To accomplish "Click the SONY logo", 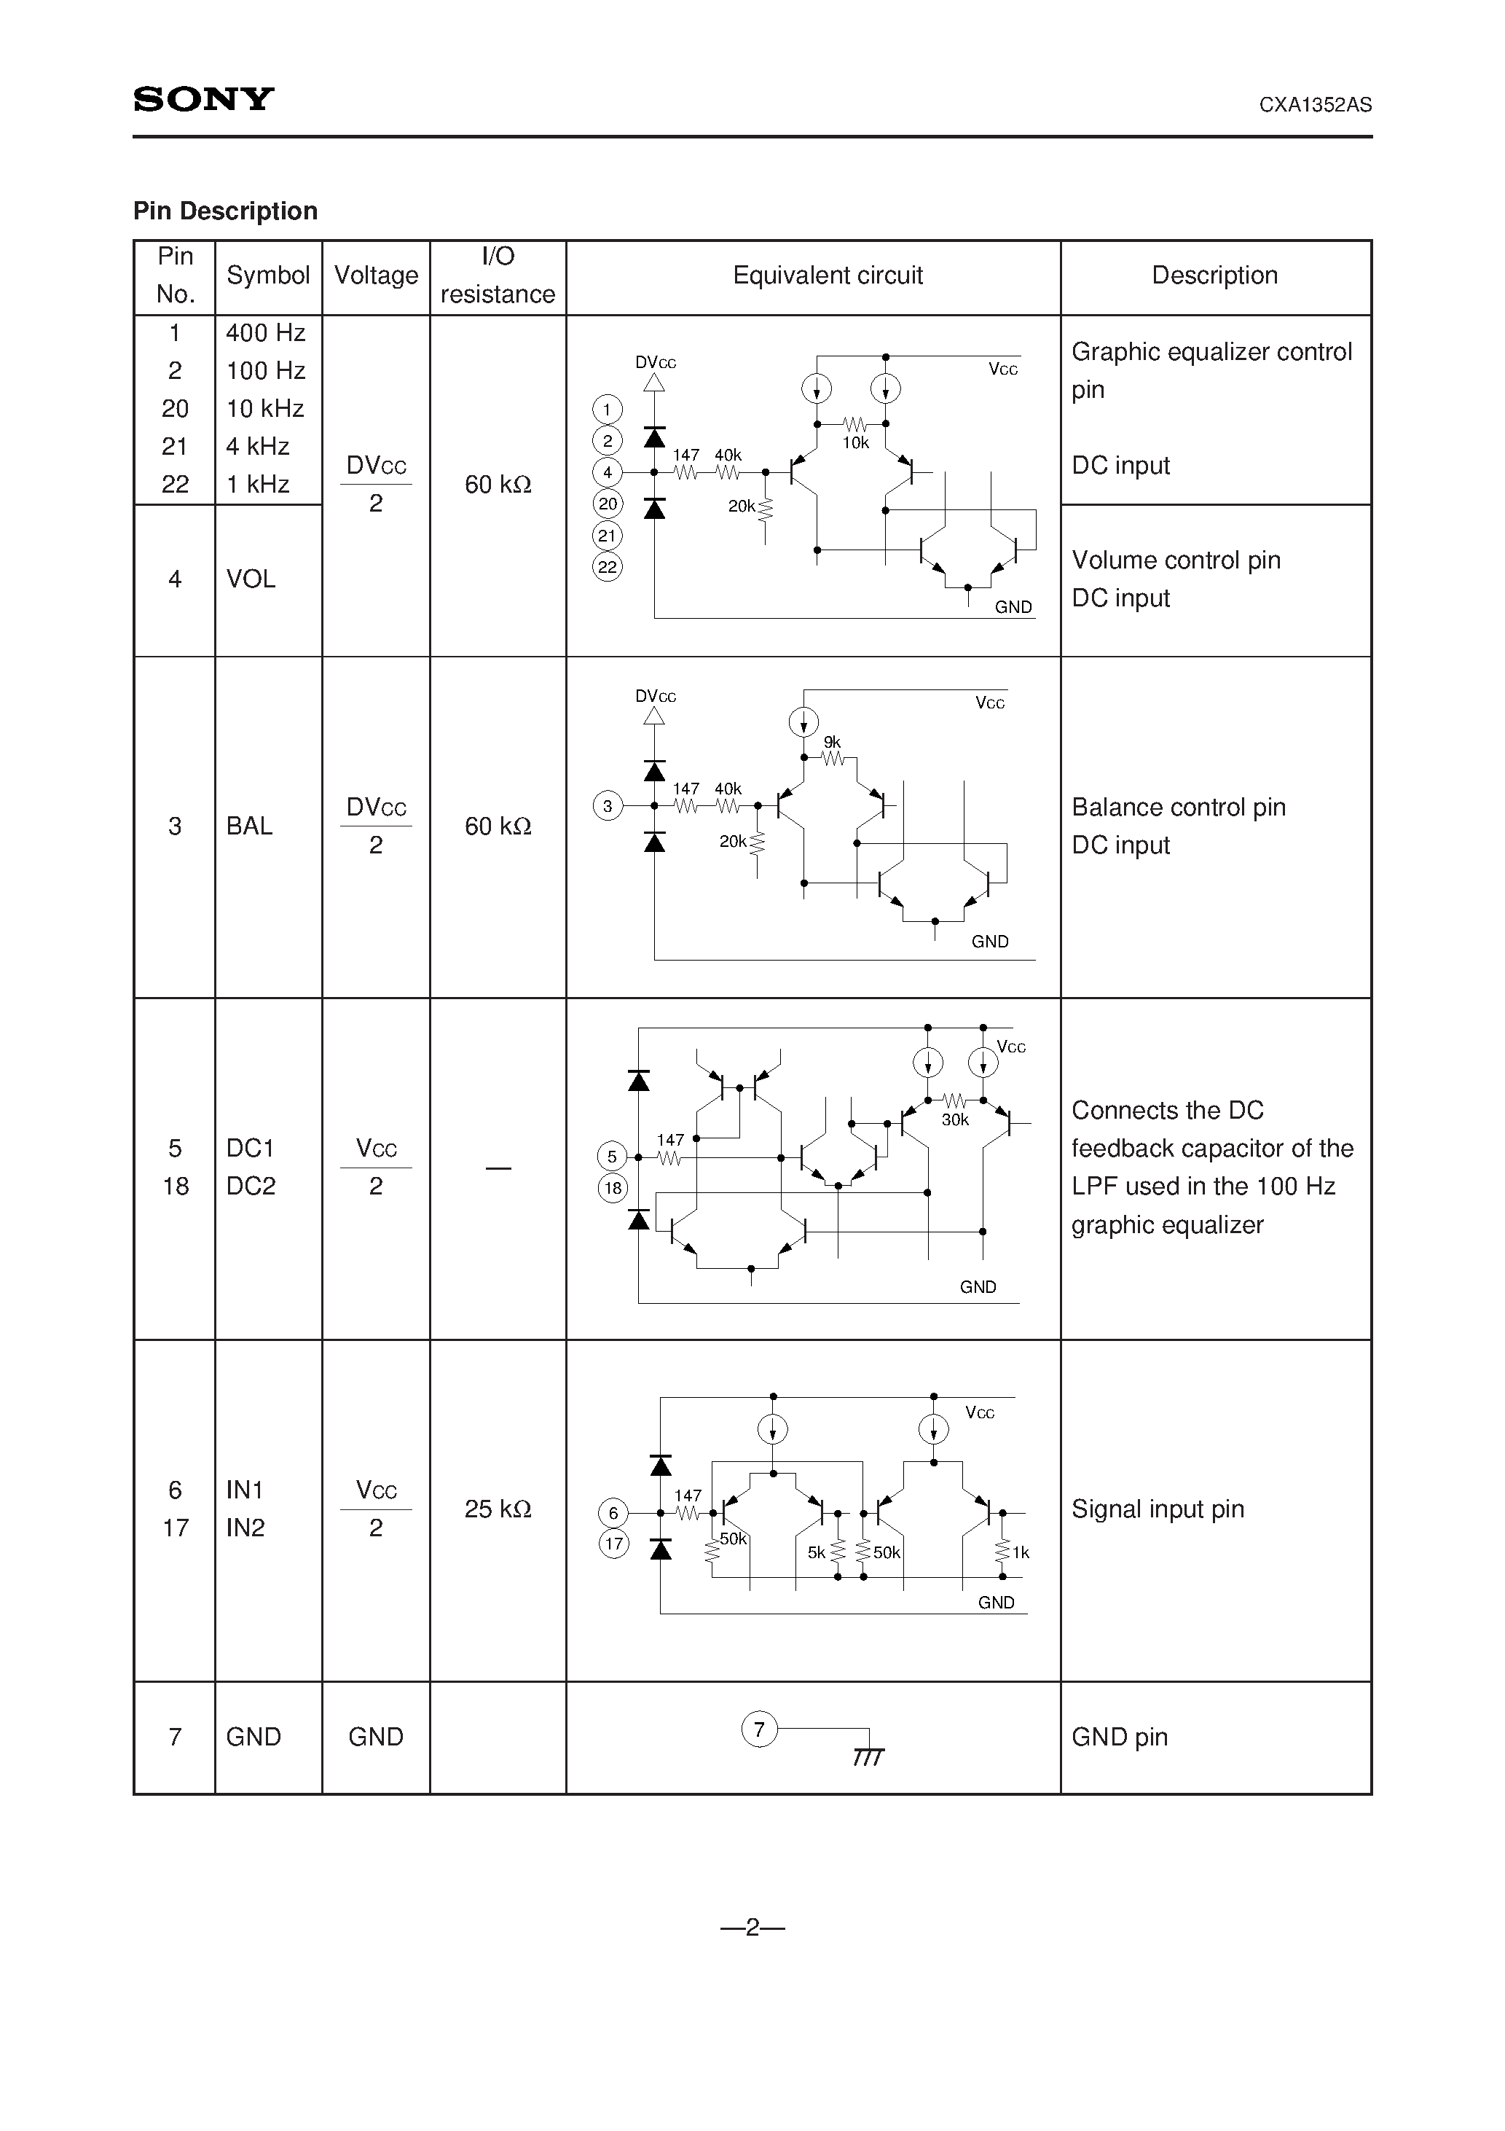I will click(x=203, y=99).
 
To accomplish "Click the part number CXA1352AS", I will click(x=1315, y=105).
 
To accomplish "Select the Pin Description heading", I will click(x=226, y=211).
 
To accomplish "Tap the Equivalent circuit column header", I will click(x=828, y=275).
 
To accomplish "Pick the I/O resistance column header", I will click(x=498, y=275).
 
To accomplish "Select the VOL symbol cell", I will click(x=251, y=579).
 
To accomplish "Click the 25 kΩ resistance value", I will click(x=498, y=1509).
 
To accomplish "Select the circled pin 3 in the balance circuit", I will click(x=608, y=805).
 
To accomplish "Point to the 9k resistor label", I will click(x=833, y=743).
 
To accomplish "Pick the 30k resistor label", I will click(x=955, y=1120).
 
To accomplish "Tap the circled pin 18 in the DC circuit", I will click(x=613, y=1188).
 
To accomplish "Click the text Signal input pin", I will click(x=1157, y=1509).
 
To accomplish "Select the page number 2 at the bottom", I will click(x=752, y=1928).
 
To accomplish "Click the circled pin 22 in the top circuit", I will click(x=608, y=567).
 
